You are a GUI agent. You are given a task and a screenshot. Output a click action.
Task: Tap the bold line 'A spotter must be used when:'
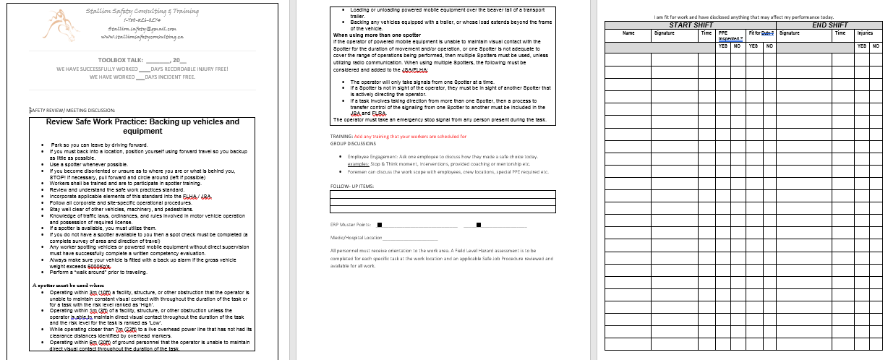point(68,286)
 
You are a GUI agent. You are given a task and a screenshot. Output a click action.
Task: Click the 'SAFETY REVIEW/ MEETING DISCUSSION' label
point(72,111)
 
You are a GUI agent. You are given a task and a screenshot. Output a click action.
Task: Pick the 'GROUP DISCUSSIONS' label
point(354,143)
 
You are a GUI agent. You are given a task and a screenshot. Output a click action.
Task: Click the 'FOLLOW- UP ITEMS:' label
point(354,187)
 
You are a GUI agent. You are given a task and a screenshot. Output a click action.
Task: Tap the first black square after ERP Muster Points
point(380,224)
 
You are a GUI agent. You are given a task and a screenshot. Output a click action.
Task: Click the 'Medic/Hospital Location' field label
point(356,237)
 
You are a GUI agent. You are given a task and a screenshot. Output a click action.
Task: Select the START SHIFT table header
point(691,25)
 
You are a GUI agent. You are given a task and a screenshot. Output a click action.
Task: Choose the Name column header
point(628,33)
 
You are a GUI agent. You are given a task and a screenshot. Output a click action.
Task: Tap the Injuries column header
point(864,33)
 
